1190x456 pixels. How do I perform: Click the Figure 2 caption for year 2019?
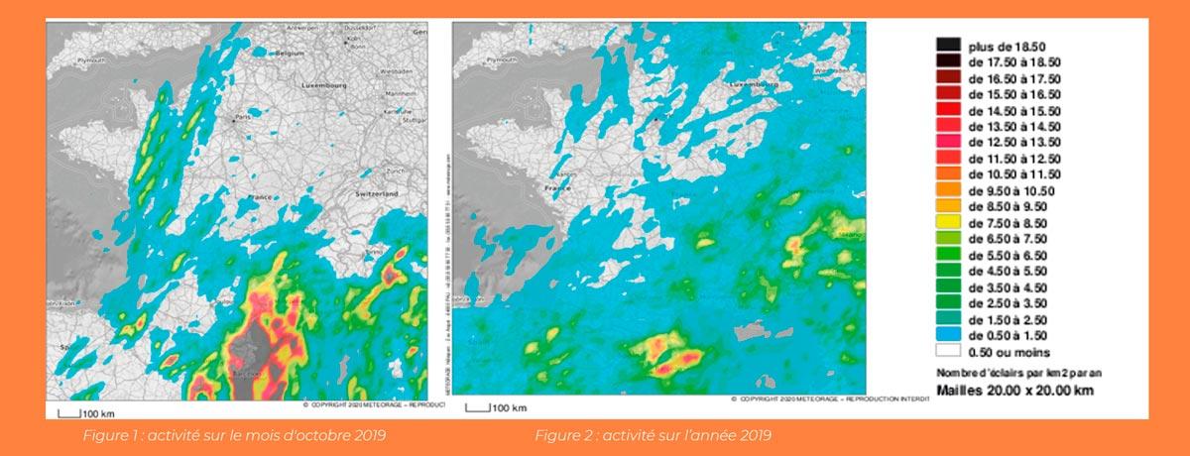point(653,435)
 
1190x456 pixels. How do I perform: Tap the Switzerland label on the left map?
point(378,194)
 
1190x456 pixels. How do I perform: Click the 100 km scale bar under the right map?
point(489,406)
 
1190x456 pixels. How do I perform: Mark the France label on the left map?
point(263,196)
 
